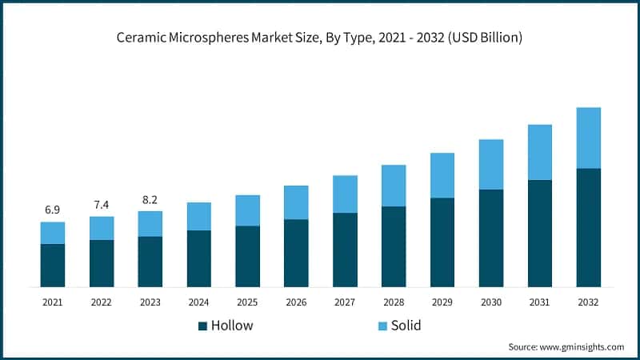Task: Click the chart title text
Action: click(x=320, y=38)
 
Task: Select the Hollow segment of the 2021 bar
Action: click(x=53, y=266)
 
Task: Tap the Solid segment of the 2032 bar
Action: click(x=588, y=138)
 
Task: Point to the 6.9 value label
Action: click(x=53, y=210)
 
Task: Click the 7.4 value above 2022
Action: click(x=102, y=205)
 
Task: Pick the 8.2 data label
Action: click(x=150, y=199)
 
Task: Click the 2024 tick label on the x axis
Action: click(x=198, y=302)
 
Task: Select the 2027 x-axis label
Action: click(x=345, y=302)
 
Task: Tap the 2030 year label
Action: click(x=490, y=302)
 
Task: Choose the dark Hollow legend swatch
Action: click(x=202, y=326)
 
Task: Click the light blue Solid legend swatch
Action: click(x=383, y=326)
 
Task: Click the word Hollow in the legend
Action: click(x=232, y=326)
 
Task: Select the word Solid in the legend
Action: click(x=406, y=326)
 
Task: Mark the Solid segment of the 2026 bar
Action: click(x=296, y=202)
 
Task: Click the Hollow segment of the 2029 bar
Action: click(x=442, y=242)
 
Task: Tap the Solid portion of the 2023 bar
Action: click(x=150, y=224)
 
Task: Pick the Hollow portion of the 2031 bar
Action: click(x=539, y=234)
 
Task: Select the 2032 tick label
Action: click(x=588, y=302)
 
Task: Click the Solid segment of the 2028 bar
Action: click(x=394, y=186)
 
